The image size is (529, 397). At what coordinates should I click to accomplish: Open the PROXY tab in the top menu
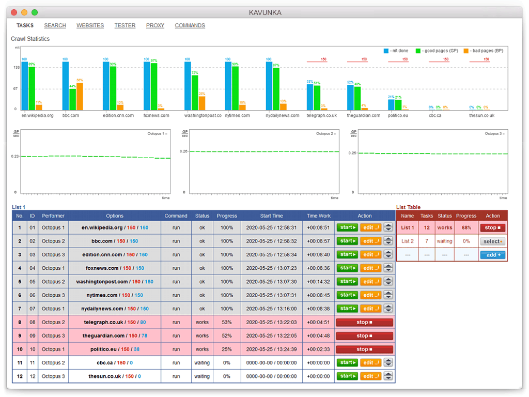155,25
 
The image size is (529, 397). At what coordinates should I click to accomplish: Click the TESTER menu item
125,25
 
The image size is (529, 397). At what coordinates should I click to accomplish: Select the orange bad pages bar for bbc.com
80,96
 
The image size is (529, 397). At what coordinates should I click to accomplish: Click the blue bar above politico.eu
392,104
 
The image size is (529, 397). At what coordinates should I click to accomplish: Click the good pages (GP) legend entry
440,51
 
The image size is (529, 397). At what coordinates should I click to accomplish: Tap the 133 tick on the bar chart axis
16,67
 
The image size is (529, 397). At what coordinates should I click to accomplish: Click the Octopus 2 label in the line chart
324,134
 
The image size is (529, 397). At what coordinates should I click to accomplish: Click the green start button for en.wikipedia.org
347,227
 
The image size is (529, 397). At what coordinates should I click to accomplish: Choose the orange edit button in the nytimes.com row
370,295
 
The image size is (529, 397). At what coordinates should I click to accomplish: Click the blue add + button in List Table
493,255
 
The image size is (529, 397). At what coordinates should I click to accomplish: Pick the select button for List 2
493,241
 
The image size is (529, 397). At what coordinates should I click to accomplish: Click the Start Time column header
271,216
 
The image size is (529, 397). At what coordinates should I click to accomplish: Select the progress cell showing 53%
227,322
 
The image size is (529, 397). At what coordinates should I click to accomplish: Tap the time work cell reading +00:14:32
318,282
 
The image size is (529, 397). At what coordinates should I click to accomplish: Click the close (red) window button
14,12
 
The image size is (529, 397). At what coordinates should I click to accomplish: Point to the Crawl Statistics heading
30,39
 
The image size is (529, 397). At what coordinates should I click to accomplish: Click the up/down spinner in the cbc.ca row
388,363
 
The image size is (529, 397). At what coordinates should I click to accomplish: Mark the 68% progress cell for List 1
466,227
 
